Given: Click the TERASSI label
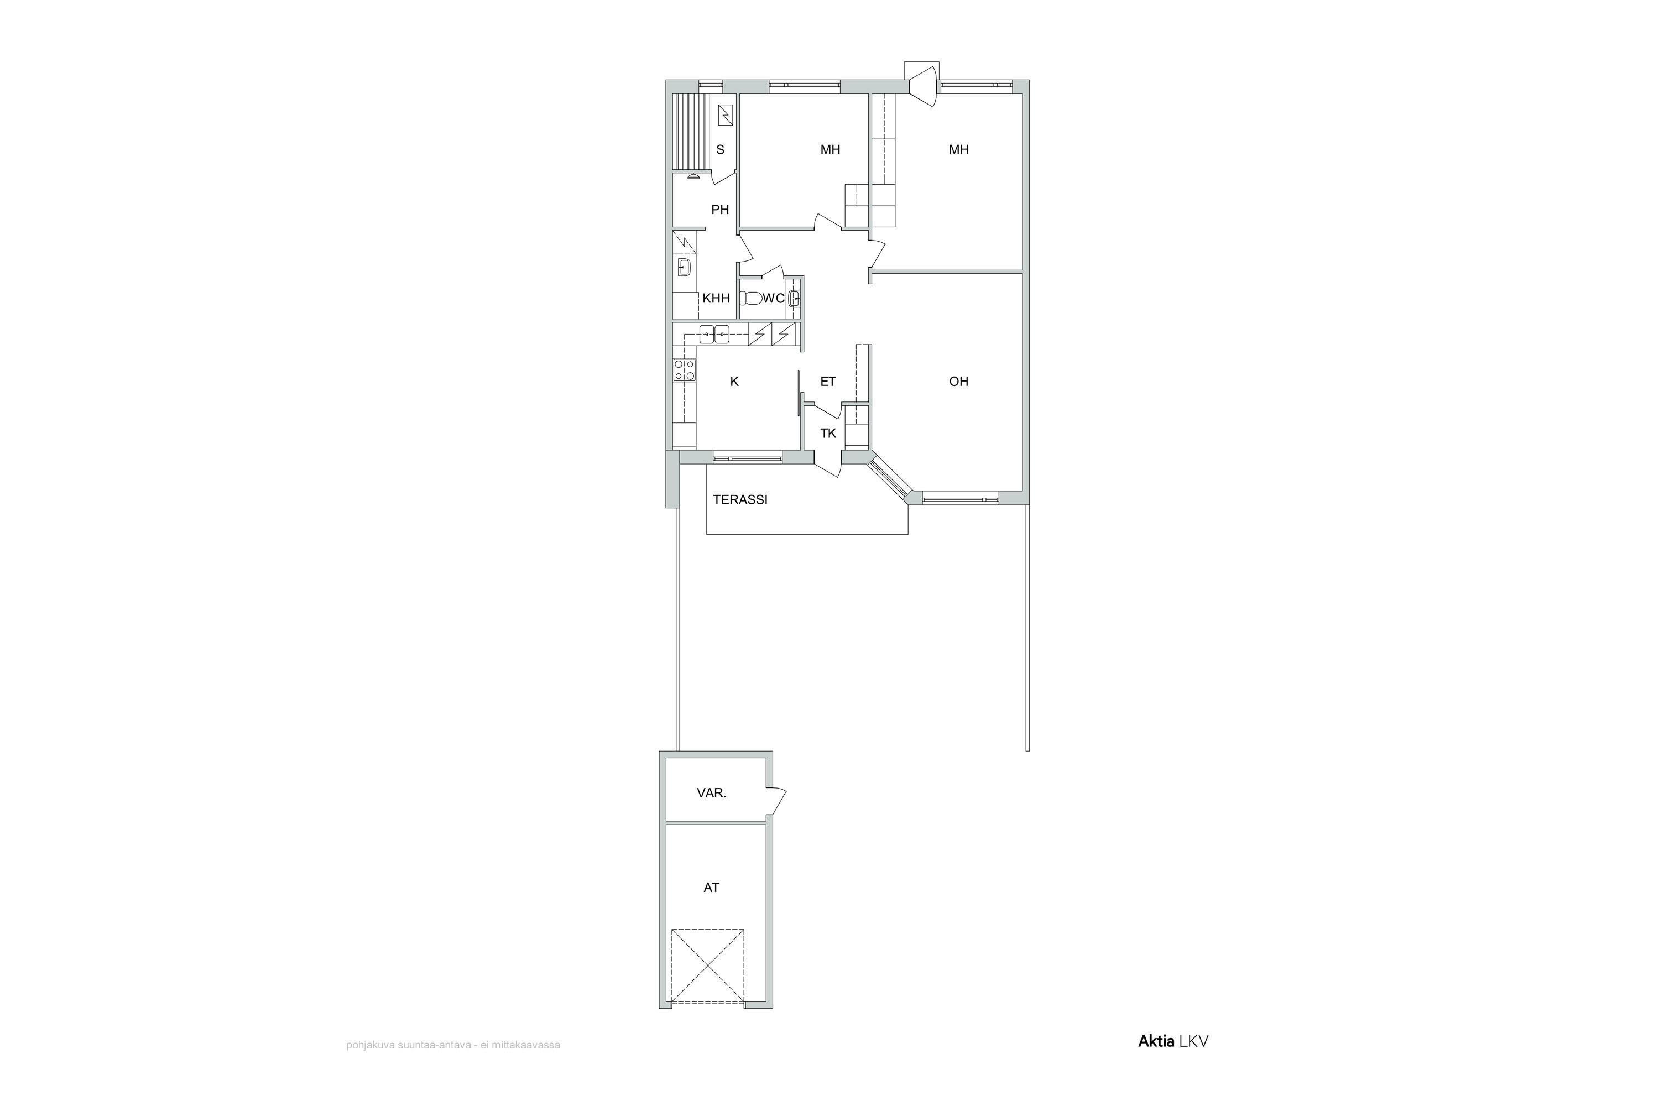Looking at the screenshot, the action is pos(740,500).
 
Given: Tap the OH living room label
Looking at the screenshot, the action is pos(958,382).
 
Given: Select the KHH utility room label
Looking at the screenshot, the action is pos(716,299).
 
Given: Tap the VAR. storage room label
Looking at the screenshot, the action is pos(712,793).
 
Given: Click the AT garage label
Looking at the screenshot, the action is pos(711,888).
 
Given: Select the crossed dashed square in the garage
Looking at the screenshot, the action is pos(707,966).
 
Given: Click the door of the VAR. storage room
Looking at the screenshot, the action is pos(778,800).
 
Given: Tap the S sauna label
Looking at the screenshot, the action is pos(720,149).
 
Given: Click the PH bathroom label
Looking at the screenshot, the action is pos(720,210).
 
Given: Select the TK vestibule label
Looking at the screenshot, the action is pos(828,433).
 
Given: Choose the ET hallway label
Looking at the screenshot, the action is pos(828,382).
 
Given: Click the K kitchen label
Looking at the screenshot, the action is pos(734,382).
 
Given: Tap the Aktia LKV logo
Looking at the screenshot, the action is pos(1173,1041).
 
